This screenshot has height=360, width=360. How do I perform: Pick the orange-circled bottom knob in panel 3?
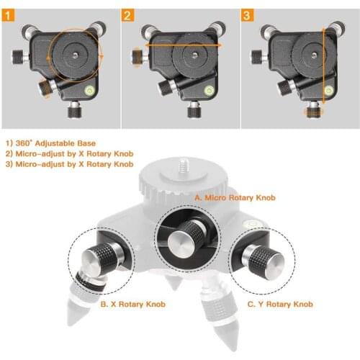[x=312, y=110]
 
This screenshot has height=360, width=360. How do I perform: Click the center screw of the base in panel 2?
[x=194, y=53]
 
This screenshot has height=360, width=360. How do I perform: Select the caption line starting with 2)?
[x=69, y=153]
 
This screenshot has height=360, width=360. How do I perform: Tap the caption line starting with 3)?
[x=69, y=164]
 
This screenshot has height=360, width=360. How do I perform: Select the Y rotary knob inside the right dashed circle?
[x=264, y=259]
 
